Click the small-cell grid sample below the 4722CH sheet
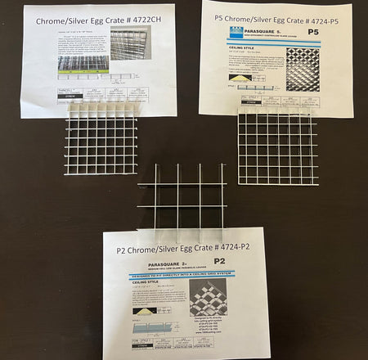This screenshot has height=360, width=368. point(101,139)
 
